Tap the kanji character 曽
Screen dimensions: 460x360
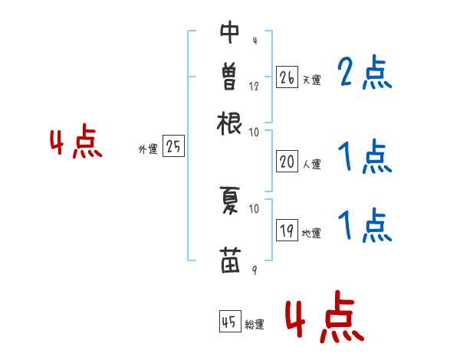229,77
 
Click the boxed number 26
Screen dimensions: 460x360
287,77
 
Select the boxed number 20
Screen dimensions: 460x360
287,162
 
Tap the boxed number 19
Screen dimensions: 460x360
287,231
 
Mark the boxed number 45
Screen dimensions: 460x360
229,322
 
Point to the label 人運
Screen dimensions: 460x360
311,164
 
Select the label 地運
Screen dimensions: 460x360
311,233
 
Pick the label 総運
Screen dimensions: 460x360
255,325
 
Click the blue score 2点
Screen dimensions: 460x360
365,74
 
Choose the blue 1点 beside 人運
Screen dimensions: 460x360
365,159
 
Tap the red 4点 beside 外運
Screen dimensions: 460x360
76,144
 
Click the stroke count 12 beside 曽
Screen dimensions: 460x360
254,86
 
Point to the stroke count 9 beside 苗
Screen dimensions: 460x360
254,270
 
